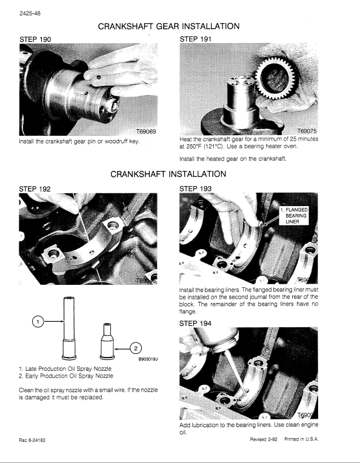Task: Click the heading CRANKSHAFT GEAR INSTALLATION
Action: [x=168, y=27]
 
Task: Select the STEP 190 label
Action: [x=35, y=39]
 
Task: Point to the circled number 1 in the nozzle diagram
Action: [x=38, y=323]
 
